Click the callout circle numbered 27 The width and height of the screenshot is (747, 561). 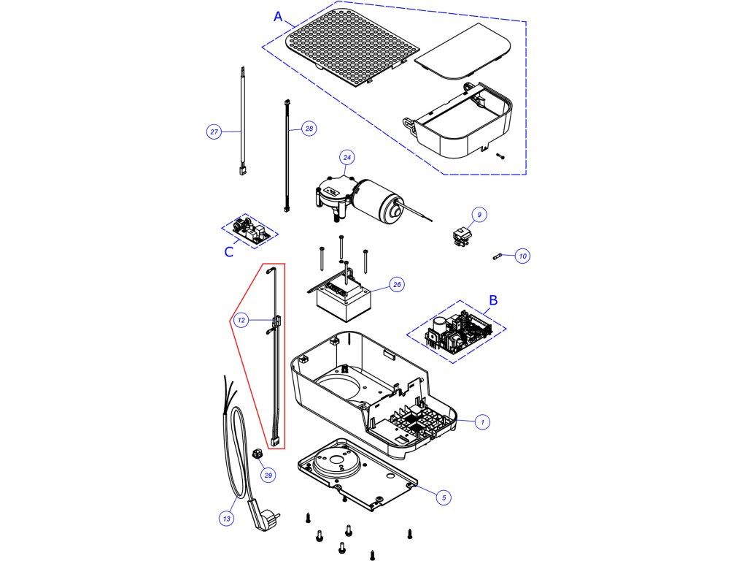point(214,132)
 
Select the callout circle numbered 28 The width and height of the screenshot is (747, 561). point(309,129)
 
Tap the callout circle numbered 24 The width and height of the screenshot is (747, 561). point(347,157)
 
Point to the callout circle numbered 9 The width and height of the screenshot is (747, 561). point(479,215)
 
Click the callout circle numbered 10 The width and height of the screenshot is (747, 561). point(522,256)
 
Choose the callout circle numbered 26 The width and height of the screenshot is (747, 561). point(398,285)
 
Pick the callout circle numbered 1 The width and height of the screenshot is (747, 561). point(482,421)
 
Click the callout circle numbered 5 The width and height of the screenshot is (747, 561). point(443,497)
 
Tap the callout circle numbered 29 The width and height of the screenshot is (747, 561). point(268,476)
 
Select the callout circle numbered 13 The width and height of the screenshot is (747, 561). point(227,519)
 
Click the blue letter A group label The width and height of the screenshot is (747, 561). point(278,18)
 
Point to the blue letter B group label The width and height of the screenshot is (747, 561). point(493,299)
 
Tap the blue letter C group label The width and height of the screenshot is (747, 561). point(229,252)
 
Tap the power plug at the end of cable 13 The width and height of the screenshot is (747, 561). point(259,518)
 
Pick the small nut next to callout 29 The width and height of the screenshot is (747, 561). point(257,454)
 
